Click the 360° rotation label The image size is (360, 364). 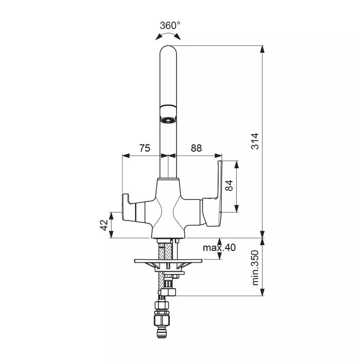(170, 25)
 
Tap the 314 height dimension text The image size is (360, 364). (255, 141)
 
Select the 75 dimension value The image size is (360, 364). (145, 148)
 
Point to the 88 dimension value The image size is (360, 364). (196, 148)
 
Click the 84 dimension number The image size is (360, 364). (229, 185)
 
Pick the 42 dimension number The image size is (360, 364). (104, 225)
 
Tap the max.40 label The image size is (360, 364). (219, 248)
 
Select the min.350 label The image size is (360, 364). (255, 268)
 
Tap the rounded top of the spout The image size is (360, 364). (168, 50)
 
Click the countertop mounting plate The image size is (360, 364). (168, 261)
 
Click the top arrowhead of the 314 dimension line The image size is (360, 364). (262, 49)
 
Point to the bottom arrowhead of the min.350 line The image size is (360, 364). (262, 292)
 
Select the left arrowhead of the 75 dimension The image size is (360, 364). (126, 156)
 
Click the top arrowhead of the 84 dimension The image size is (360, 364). (237, 164)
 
